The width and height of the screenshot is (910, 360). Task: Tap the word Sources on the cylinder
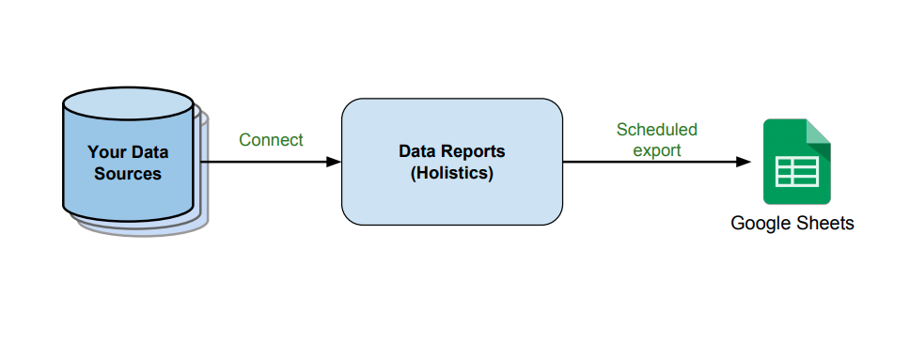(x=128, y=174)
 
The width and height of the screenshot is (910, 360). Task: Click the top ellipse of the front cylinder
(x=128, y=102)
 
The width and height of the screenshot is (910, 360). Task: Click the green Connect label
(x=271, y=140)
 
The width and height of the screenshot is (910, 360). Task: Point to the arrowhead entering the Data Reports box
(x=333, y=162)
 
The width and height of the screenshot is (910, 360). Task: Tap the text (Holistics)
(x=452, y=174)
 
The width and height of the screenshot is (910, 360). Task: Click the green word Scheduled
(x=656, y=130)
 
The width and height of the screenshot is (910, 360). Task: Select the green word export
(x=656, y=150)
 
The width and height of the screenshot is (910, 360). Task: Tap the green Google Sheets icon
(x=796, y=162)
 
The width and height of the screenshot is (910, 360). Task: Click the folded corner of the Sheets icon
(x=819, y=131)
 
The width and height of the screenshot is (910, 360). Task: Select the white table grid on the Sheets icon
(x=796, y=173)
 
